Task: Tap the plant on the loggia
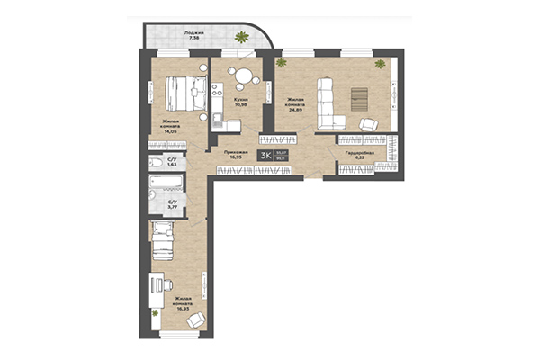coord(240,37)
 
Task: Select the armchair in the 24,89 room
coord(369,125)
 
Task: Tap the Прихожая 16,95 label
coord(236,156)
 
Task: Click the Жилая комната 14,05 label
coord(171,124)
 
